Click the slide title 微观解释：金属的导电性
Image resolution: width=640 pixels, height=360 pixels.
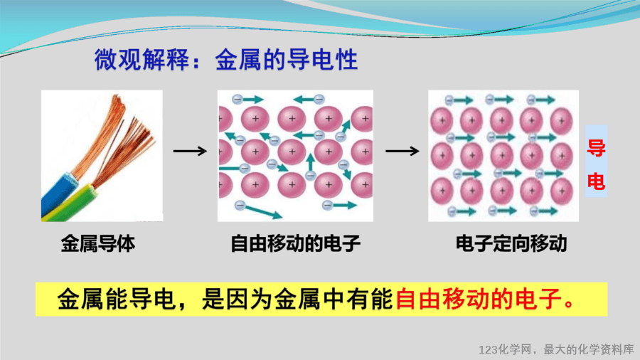226,60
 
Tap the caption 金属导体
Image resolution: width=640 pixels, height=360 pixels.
98,243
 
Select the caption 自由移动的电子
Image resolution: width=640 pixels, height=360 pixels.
295,243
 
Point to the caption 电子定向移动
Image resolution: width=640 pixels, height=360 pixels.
511,243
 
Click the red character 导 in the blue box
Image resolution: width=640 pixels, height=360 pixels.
596,148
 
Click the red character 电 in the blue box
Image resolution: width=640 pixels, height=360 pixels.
596,181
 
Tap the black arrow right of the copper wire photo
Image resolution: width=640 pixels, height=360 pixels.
190,152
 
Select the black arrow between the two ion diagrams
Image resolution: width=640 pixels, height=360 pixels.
402,152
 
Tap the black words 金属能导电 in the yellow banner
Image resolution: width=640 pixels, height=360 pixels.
117,300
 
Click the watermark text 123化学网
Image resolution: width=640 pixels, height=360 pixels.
506,349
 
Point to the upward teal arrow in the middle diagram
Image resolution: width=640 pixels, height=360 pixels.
311,163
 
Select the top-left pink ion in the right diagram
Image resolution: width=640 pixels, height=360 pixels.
442,121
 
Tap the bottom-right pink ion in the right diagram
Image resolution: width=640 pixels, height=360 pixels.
562,191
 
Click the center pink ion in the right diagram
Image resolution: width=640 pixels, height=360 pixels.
501,156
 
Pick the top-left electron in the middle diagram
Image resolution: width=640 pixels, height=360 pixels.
238,99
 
